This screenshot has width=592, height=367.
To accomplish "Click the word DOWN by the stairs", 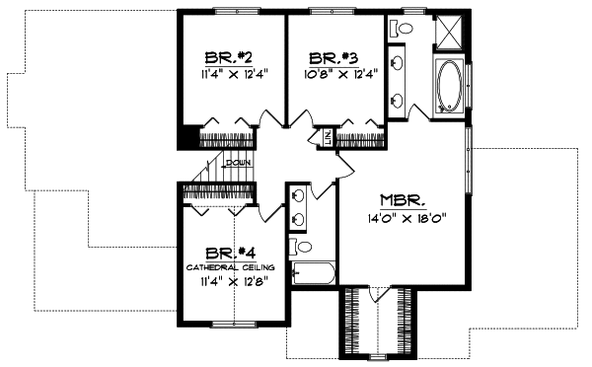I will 237,163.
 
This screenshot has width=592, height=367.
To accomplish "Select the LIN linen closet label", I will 327,139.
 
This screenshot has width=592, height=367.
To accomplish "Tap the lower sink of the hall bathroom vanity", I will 297,220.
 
